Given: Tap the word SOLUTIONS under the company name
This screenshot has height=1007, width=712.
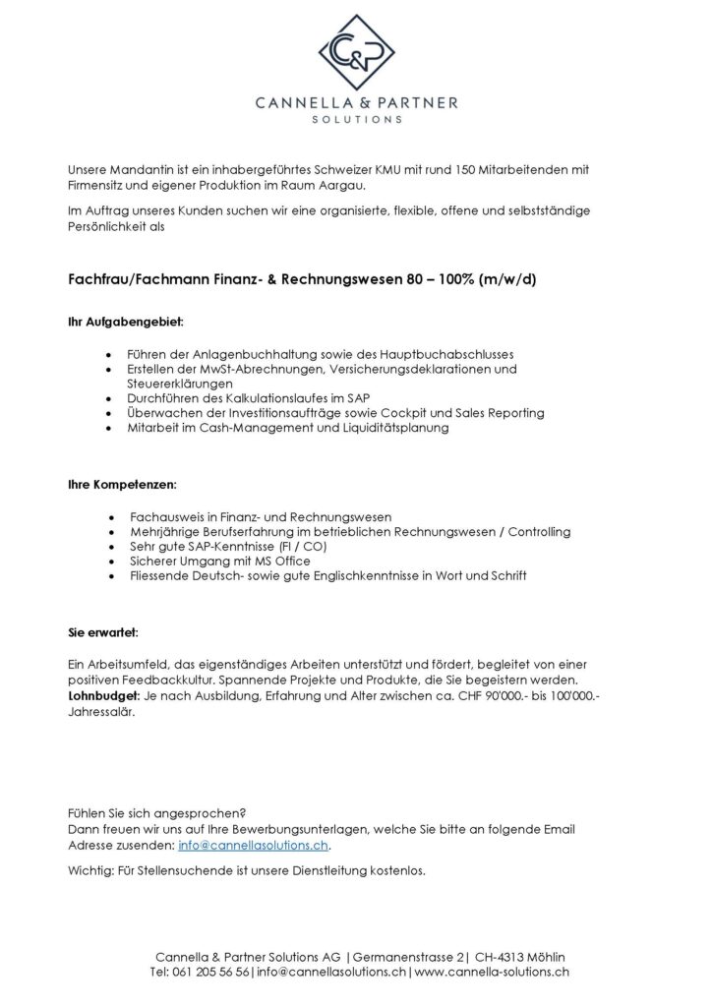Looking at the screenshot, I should (x=355, y=119).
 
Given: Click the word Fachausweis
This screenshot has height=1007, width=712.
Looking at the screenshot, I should (x=166, y=516).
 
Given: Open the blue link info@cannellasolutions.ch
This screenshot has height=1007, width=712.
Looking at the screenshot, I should (x=254, y=845).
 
